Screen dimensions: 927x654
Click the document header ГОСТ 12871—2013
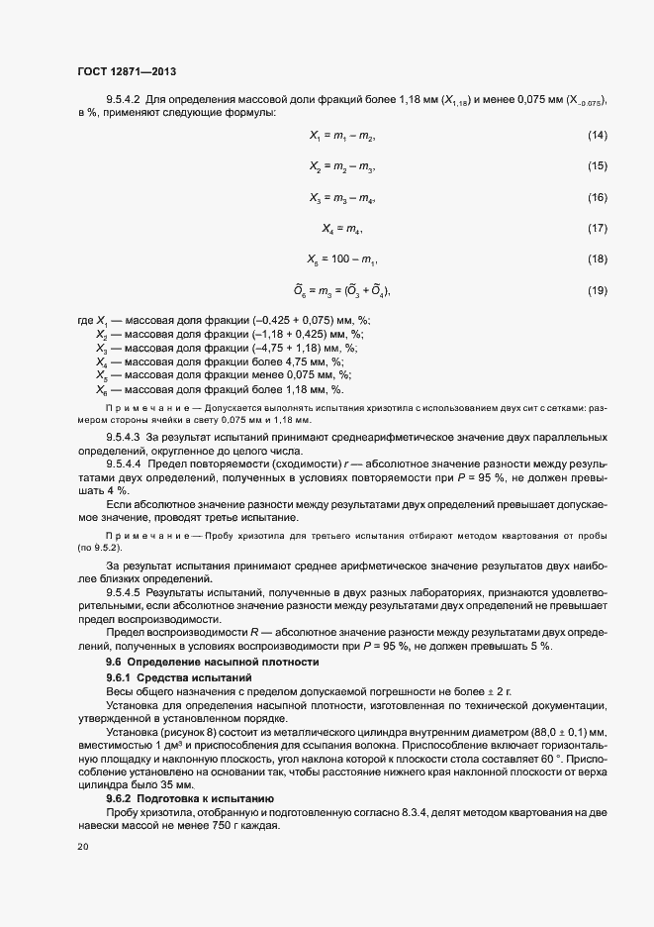click(x=128, y=70)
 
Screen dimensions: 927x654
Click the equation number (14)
click(x=597, y=135)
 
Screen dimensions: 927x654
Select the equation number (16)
click(x=597, y=198)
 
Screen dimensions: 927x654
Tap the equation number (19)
click(x=597, y=290)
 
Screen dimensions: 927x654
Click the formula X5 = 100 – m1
click(x=342, y=259)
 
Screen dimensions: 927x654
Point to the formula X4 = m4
click(x=342, y=229)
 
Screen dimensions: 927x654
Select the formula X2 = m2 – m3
click(x=342, y=166)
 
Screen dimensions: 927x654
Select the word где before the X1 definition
click(x=84, y=319)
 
